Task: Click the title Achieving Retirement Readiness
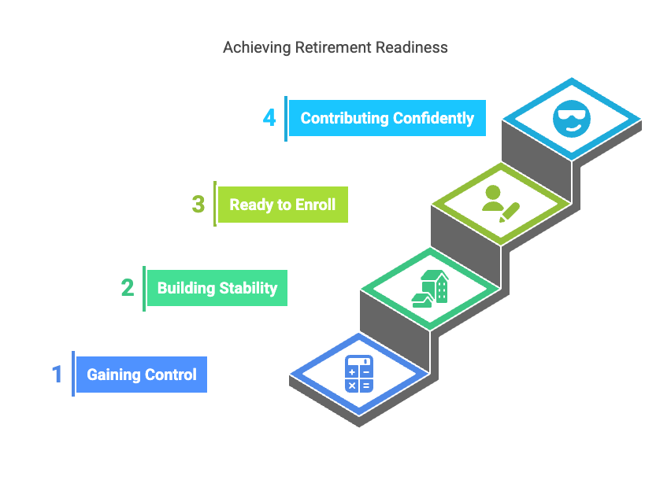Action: [x=335, y=47]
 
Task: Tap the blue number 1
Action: [x=57, y=373]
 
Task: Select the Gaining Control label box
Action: [x=142, y=375]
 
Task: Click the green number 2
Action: [x=128, y=287]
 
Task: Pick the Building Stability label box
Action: [x=217, y=288]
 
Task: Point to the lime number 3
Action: [x=198, y=205]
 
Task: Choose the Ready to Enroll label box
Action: [x=282, y=205]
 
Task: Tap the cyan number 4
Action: [x=269, y=118]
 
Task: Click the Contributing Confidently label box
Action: [x=387, y=119]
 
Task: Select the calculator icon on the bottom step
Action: [x=359, y=374]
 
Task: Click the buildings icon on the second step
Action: [x=430, y=288]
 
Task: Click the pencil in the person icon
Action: [x=510, y=211]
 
